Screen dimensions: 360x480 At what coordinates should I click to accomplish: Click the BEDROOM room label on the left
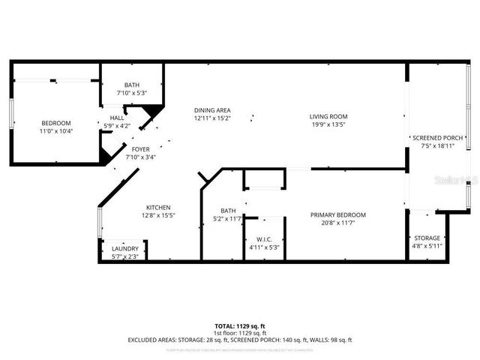pos(55,123)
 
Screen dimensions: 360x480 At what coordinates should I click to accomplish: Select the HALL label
pos(118,118)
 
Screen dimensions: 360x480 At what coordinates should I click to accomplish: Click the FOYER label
pos(141,149)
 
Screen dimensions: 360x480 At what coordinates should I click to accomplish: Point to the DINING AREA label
pos(212,109)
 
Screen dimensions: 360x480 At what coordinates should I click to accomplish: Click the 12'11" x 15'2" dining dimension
pos(212,118)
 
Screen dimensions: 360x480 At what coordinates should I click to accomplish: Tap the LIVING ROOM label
pos(329,116)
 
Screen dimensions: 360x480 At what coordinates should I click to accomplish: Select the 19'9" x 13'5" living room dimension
pos(329,124)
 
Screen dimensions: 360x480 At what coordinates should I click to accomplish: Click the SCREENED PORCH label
pos(438,139)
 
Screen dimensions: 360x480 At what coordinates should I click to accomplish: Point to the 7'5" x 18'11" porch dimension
pos(438,147)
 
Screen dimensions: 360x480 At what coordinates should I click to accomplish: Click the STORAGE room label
pos(427,238)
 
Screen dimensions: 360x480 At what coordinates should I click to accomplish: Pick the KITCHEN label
pos(158,208)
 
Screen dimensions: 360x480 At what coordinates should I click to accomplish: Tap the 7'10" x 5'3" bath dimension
pos(131,93)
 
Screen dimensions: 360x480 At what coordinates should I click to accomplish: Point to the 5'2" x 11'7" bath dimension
pos(228,219)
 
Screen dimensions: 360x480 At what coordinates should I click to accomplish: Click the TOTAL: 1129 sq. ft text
pos(239,326)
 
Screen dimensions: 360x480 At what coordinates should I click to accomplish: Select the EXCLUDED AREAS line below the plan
pos(239,340)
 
